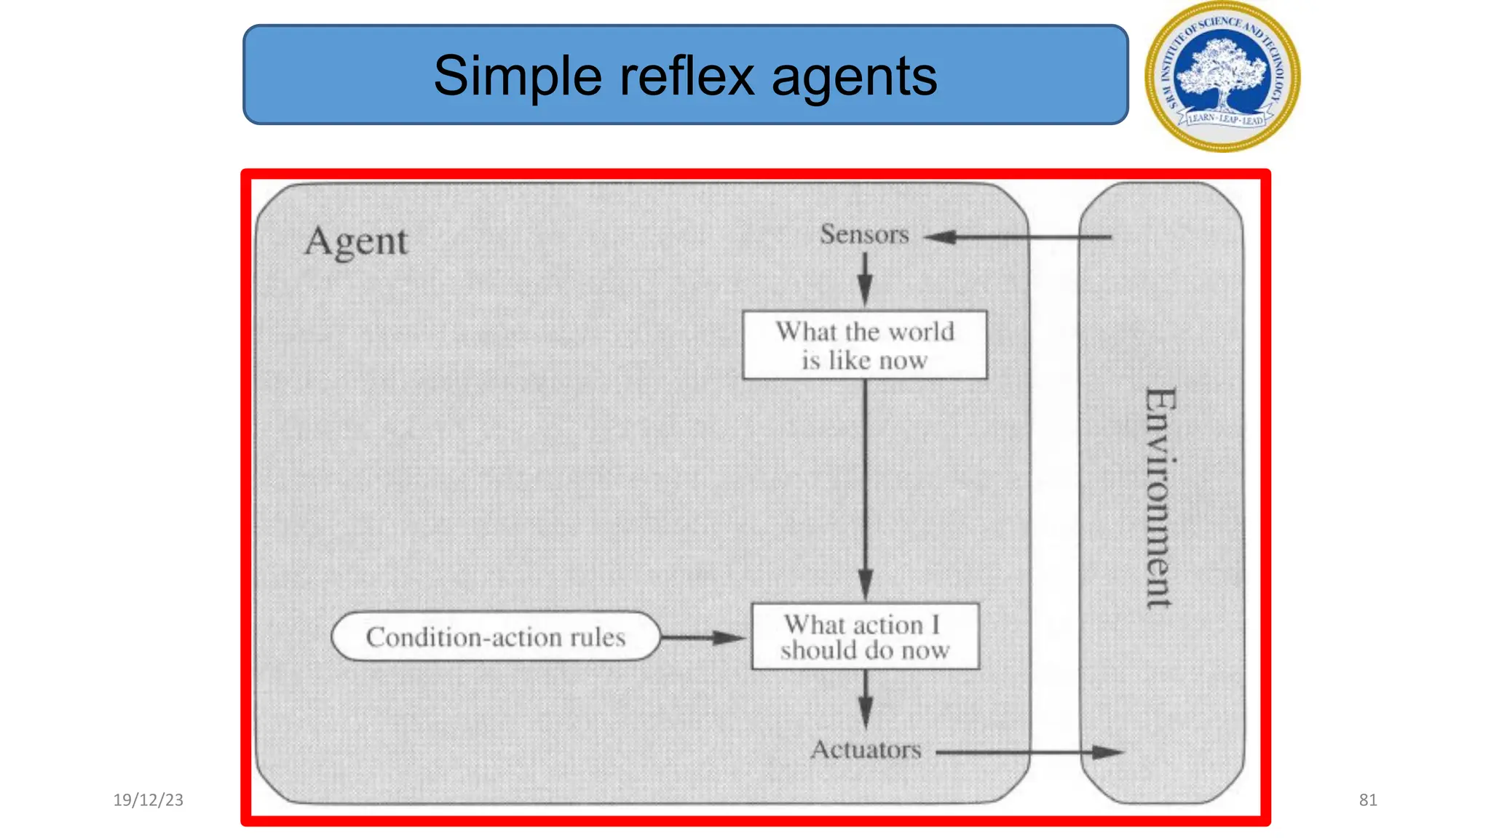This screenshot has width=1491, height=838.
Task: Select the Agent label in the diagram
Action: [x=356, y=242]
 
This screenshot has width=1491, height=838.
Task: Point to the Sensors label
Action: [x=864, y=234]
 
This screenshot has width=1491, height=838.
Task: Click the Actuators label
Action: [x=866, y=749]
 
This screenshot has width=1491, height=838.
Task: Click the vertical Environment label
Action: [x=1160, y=498]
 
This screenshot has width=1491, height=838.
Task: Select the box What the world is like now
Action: [x=864, y=346]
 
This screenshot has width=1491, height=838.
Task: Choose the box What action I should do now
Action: [x=865, y=637]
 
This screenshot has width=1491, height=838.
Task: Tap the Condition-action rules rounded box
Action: [x=495, y=637]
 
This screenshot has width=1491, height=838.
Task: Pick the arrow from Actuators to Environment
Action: [x=1029, y=752]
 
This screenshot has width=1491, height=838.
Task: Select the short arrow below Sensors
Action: [x=865, y=279]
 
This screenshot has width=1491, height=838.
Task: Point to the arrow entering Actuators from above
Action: [x=866, y=698]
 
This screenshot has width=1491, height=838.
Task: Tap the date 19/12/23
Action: [x=148, y=800]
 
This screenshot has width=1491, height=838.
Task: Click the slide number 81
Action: [x=1367, y=800]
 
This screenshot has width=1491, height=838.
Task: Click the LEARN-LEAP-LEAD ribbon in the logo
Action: [x=1226, y=119]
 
